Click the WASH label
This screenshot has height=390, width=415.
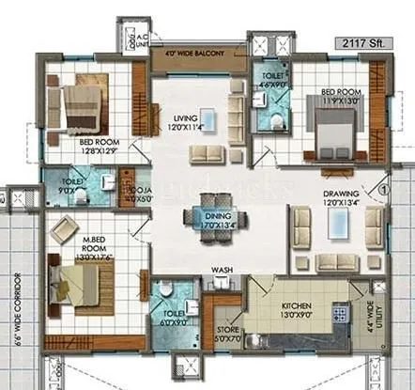coord(222,272)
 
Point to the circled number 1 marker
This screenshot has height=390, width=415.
coord(383,186)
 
